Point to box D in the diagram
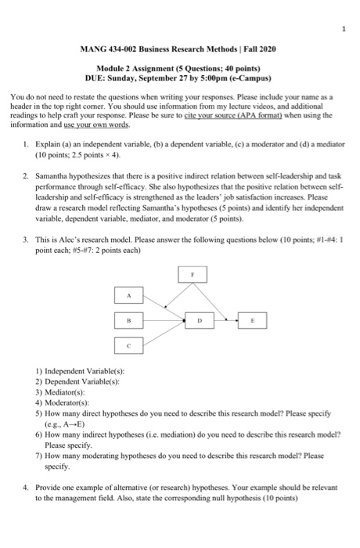click(x=200, y=319)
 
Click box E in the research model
click(x=250, y=319)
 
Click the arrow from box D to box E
click(x=225, y=319)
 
